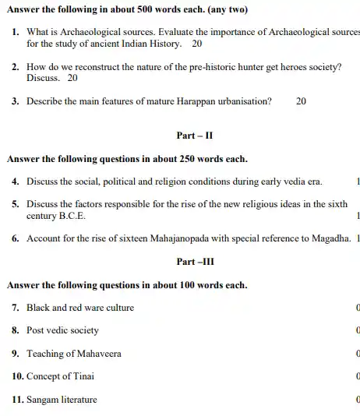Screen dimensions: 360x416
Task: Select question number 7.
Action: click(x=16, y=307)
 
